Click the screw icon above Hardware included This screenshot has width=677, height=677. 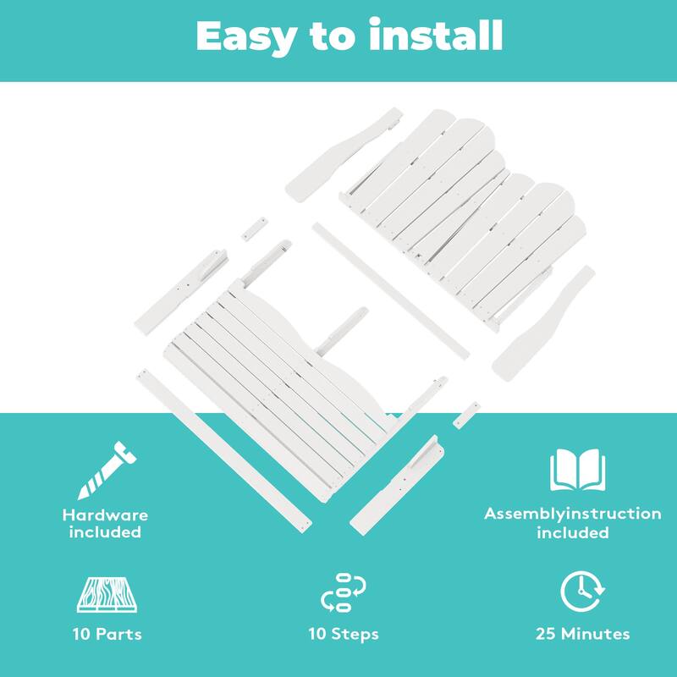107,471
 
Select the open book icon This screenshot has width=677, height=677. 577,471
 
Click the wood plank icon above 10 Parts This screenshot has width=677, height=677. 107,595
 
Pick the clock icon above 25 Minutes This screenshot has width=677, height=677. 582,591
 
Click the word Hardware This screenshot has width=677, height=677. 105,515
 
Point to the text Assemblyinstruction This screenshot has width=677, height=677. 573,514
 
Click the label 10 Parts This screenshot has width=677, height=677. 107,634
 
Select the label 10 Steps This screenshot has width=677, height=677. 344,634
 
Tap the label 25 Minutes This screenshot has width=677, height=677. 582,634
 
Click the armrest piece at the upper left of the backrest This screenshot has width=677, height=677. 343,154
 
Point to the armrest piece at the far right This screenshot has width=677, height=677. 543,324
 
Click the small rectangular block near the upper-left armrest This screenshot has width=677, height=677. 255,228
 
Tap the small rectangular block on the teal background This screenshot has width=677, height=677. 466,415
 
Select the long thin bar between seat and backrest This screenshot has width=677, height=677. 390,290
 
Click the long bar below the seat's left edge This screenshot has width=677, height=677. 224,451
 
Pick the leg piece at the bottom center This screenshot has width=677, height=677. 397,485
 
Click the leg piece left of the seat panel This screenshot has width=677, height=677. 181,292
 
